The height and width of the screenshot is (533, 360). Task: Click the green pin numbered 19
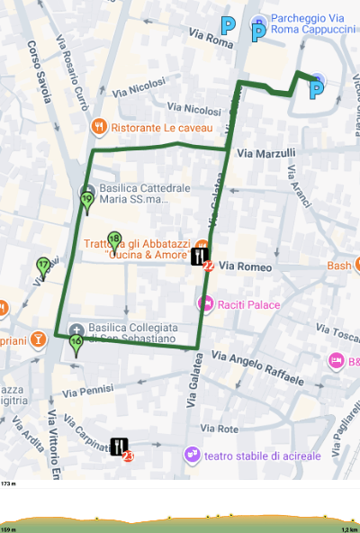coord(86,201)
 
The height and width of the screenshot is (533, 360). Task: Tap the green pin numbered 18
coord(113,241)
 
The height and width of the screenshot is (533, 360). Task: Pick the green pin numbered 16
coord(76,343)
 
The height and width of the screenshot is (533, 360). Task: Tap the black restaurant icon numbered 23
coord(120,447)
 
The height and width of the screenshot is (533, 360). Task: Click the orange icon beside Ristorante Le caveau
coord(100,127)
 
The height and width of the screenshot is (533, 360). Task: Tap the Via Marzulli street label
coord(265,153)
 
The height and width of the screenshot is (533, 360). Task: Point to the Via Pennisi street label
coord(88,392)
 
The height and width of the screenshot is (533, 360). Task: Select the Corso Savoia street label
coord(39,71)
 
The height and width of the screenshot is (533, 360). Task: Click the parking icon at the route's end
coord(316,89)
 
